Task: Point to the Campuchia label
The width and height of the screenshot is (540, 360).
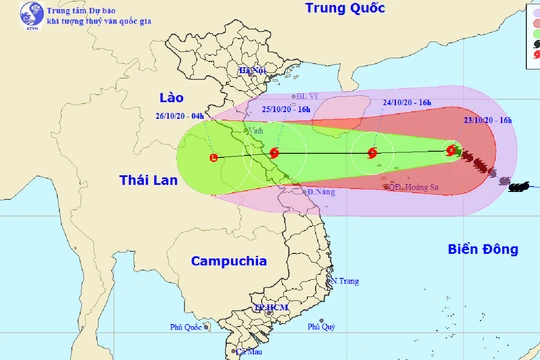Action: click(218, 261)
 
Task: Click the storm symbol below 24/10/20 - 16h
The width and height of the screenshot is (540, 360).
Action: click(453, 152)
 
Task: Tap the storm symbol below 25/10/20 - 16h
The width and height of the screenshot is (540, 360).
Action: click(373, 154)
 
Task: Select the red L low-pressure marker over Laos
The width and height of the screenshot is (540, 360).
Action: click(213, 158)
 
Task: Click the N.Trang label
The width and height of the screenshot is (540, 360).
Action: click(343, 280)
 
